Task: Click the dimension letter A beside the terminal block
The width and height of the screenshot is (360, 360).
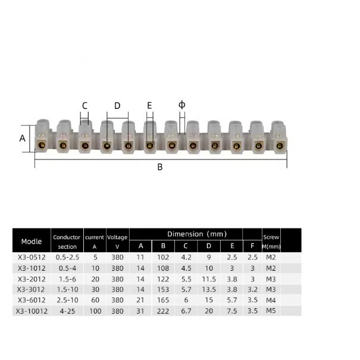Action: pyautogui.click(x=22, y=138)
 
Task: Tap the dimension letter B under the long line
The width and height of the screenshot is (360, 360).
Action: pyautogui.click(x=160, y=167)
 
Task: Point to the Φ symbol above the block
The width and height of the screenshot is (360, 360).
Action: pyautogui.click(x=182, y=105)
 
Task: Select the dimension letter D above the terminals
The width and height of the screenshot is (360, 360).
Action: pyautogui.click(x=117, y=105)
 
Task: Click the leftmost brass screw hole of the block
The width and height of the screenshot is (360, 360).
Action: pyautogui.click(x=42, y=145)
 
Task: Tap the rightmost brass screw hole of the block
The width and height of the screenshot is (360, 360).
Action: pyautogui.click(x=280, y=145)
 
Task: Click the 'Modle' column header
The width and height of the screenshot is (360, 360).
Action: pyautogui.click(x=32, y=242)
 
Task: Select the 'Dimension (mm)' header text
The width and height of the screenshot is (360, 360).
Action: pyautogui.click(x=197, y=234)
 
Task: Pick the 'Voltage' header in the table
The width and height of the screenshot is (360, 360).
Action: pyautogui.click(x=117, y=237)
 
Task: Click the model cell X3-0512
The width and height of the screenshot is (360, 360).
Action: pyautogui.click(x=32, y=257)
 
